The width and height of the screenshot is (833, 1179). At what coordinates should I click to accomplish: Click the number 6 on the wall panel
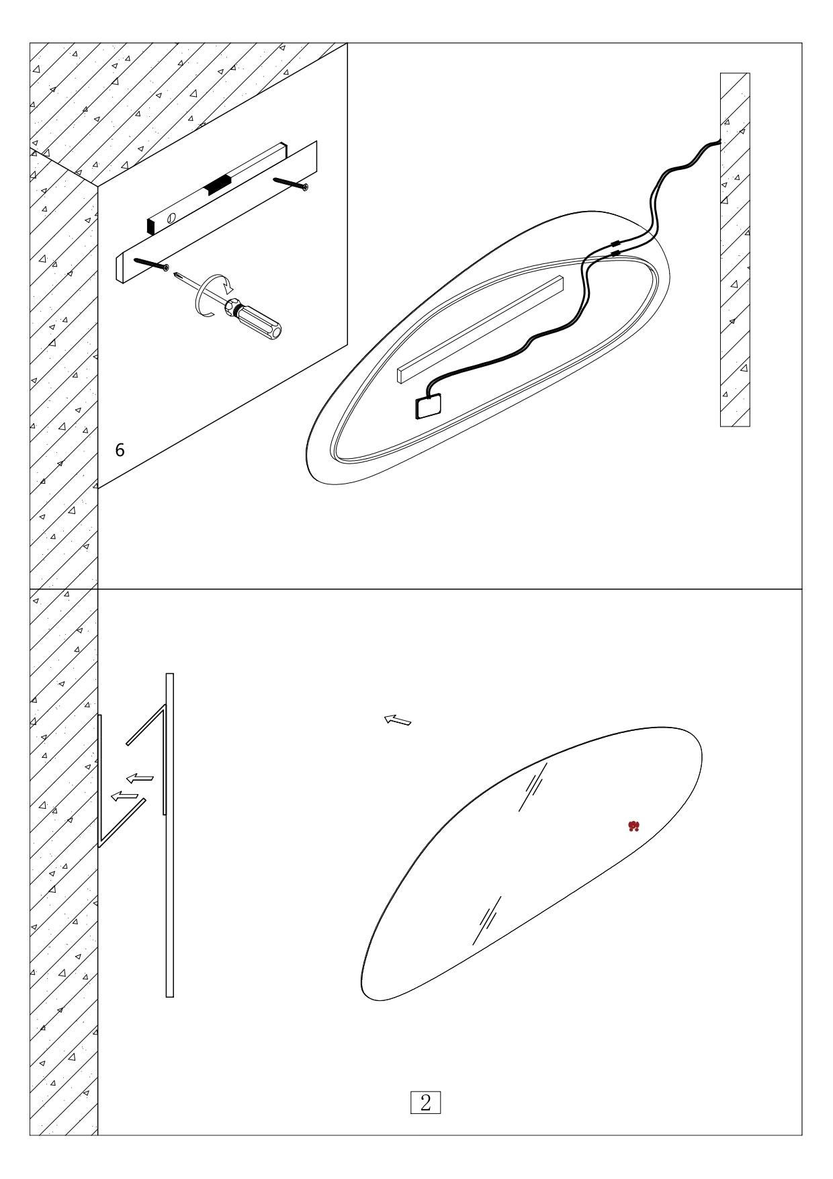pyautogui.click(x=120, y=450)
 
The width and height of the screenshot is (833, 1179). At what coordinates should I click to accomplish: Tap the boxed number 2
pyautogui.click(x=425, y=1102)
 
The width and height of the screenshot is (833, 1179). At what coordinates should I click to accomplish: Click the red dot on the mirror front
pyautogui.click(x=633, y=826)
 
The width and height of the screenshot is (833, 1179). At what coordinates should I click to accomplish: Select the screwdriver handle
pyautogui.click(x=259, y=321)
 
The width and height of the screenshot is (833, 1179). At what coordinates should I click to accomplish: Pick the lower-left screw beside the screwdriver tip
pyautogui.click(x=150, y=263)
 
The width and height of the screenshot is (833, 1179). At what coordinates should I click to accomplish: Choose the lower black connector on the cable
pyautogui.click(x=615, y=253)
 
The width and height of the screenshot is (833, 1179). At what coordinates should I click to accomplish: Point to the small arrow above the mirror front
pyautogui.click(x=398, y=721)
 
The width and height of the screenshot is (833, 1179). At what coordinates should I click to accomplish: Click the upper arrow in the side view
pyautogui.click(x=140, y=778)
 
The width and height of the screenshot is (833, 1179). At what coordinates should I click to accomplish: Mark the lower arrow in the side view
pyautogui.click(x=125, y=796)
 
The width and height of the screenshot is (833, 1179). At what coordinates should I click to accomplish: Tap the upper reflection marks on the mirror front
pyautogui.click(x=533, y=787)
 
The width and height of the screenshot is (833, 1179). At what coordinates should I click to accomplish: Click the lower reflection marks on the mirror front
pyautogui.click(x=486, y=920)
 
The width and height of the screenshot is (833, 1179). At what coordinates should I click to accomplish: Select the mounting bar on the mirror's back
pyautogui.click(x=480, y=329)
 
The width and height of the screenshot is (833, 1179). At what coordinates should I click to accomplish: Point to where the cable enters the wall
pyautogui.click(x=720, y=141)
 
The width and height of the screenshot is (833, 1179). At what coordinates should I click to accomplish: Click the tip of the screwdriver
pyautogui.click(x=175, y=273)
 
